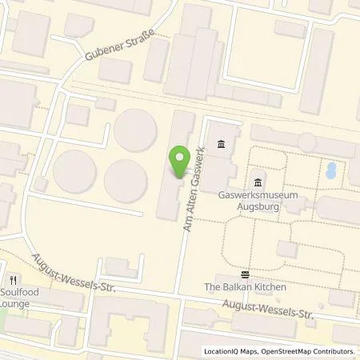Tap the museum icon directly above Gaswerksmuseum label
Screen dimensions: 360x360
click(x=258, y=178)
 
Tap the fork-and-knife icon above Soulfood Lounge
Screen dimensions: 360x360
click(x=14, y=280)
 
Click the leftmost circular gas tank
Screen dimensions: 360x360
click(x=77, y=170)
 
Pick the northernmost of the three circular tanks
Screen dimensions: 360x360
click(x=134, y=128)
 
